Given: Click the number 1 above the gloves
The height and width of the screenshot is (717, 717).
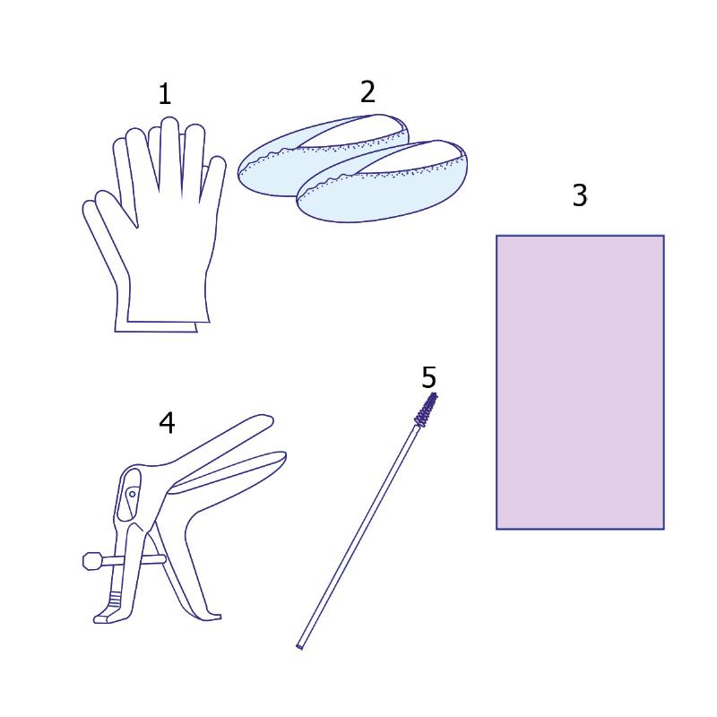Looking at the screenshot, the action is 165,94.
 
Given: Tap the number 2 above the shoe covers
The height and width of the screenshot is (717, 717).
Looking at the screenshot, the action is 368,91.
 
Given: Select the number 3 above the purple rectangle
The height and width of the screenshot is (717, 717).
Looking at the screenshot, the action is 580,195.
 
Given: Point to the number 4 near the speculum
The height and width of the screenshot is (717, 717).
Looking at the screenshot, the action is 167,422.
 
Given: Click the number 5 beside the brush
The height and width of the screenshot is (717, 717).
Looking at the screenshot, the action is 429,377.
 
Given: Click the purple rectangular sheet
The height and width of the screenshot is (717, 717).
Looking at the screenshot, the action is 580,383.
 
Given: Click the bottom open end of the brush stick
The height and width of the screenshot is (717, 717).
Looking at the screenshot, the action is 299,646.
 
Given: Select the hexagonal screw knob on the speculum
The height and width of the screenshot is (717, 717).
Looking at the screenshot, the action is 93,561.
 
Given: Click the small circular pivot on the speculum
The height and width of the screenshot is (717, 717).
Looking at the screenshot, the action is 132,494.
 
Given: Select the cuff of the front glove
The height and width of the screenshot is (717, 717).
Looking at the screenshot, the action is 168,311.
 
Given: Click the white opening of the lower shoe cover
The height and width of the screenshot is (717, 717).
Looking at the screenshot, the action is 411,158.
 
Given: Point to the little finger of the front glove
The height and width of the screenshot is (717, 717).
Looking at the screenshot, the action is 214,178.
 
